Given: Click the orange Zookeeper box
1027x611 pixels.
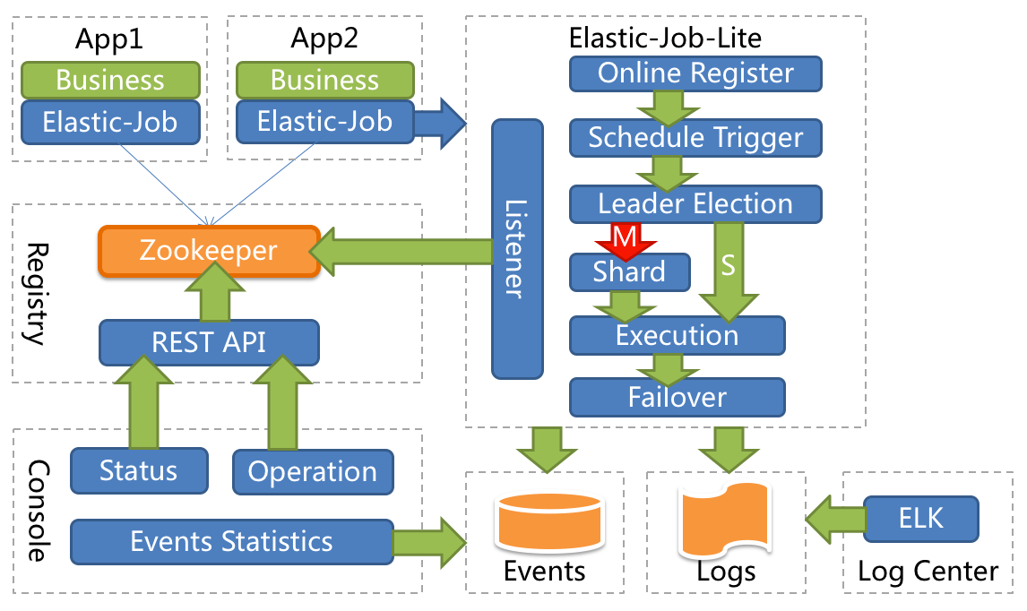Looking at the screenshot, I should coord(208,251).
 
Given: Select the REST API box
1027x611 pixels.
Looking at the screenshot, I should coord(208,342).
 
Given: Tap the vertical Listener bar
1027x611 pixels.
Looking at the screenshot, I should coord(517,249).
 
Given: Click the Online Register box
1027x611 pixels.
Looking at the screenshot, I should coord(695,73).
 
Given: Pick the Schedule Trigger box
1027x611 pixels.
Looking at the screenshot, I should coord(695,138).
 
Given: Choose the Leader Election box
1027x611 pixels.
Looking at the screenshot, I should coord(695,204).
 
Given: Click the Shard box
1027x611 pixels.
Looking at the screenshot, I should coord(629,272).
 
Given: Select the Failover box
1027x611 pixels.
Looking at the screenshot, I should coord(677,397).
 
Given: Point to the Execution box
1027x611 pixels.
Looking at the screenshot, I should coord(677,336).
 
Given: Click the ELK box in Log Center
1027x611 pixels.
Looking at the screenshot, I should coord(921,519).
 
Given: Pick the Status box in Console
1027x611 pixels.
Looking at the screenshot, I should coord(139,471).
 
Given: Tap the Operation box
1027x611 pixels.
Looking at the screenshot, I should coord(312,472).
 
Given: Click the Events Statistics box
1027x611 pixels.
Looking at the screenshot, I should coord(231,542).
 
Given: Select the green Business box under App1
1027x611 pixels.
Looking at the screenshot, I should coord(109,80).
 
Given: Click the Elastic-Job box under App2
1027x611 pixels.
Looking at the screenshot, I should coord(324,121).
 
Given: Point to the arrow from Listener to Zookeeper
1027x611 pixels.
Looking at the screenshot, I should coord(403,251).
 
